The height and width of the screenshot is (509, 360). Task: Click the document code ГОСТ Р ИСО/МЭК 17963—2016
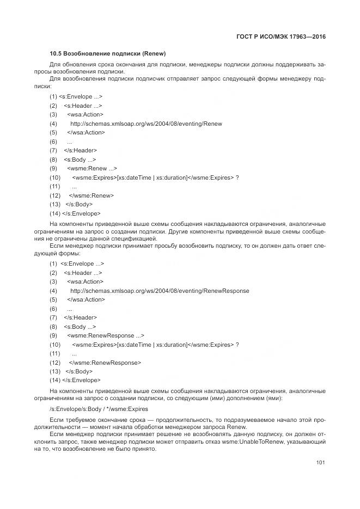tap(281, 37)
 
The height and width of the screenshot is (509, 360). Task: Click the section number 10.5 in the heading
tap(56, 54)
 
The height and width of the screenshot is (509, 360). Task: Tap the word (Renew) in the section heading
tap(154, 54)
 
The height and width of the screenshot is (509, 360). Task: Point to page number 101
tap(320, 463)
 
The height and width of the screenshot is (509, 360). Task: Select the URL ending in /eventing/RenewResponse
tap(160, 291)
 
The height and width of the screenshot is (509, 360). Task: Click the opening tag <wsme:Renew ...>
tap(92, 168)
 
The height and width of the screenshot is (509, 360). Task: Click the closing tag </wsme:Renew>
tap(91, 195)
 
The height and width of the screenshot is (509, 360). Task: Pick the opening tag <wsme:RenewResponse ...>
tap(106, 335)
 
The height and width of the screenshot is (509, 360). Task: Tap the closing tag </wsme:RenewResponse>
tap(105, 362)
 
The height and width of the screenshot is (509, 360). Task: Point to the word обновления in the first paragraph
tap(76, 65)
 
